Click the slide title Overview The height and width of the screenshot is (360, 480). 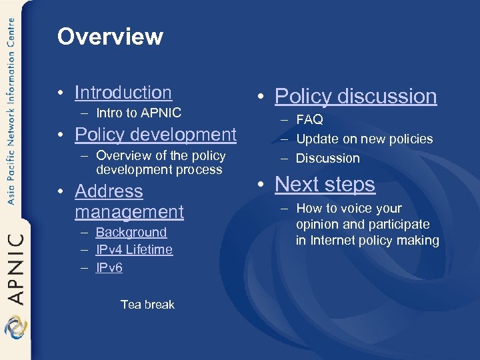point(110,37)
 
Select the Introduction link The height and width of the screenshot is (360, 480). point(123,93)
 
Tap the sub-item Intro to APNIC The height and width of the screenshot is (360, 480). point(138,113)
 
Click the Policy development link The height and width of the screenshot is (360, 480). point(155,135)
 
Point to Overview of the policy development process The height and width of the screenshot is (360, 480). point(160,163)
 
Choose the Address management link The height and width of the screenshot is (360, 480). point(129,201)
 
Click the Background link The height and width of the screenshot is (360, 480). point(131,233)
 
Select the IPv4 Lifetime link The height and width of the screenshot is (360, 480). point(134,250)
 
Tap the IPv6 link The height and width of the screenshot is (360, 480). point(109,268)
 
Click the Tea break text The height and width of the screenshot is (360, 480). point(147,305)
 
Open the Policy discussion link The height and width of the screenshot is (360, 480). point(355,97)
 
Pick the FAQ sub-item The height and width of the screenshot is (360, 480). point(309,120)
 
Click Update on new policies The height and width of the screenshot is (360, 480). point(364,139)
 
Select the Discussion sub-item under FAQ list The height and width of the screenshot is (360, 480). point(327,159)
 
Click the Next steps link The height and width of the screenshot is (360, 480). point(325,184)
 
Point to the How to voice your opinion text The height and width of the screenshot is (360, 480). point(367,224)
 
